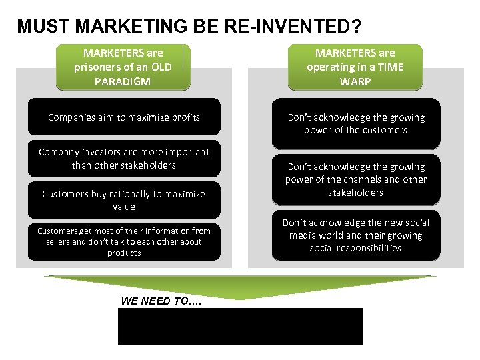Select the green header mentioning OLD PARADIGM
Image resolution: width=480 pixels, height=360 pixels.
pyautogui.click(x=123, y=67)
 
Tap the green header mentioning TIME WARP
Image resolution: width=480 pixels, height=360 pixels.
pyautogui.click(x=355, y=67)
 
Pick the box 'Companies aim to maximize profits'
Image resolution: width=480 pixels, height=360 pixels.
pyautogui.click(x=124, y=117)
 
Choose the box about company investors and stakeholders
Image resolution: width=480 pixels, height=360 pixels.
pyautogui.click(x=124, y=159)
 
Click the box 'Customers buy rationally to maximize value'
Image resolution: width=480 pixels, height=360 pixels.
pyautogui.click(x=124, y=200)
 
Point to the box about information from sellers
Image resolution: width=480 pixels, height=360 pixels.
pyautogui.click(x=124, y=241)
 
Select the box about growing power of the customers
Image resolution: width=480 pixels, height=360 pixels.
pyautogui.click(x=355, y=123)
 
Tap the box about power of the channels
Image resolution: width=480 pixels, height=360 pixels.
pyautogui.click(x=355, y=179)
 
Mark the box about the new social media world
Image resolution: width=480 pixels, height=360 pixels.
pyautogui.click(x=355, y=235)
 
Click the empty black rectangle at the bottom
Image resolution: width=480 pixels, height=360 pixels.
pyautogui.click(x=240, y=326)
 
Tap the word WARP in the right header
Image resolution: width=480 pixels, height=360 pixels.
pyautogui.click(x=355, y=82)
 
